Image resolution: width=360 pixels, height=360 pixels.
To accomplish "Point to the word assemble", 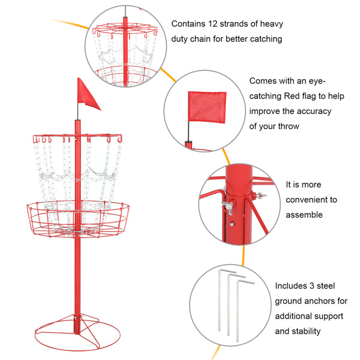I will (304, 215).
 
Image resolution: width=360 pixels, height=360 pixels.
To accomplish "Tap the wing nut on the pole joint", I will (227, 207).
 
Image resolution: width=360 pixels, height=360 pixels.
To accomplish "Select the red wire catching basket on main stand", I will (77, 219).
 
